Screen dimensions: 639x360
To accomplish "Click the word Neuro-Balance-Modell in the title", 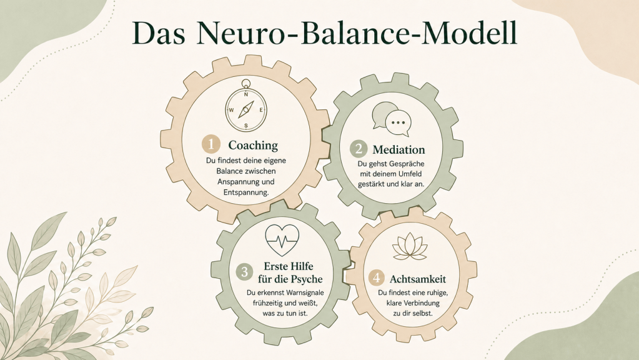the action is (357, 32).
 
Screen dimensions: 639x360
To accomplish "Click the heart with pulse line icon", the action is (282, 239).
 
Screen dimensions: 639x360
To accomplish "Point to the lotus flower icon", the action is (410, 246).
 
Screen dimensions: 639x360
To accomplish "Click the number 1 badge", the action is (211, 144).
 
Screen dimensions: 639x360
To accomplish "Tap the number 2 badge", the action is (358, 149).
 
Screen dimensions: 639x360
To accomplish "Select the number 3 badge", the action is (244, 271).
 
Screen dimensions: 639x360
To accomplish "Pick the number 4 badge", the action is (377, 278).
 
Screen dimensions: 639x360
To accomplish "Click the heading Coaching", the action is (253, 145).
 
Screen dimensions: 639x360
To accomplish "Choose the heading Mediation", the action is (399, 149).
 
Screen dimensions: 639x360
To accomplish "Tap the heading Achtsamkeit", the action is (418, 279).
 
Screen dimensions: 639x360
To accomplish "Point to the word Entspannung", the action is (246, 192).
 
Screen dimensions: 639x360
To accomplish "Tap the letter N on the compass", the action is (245, 94).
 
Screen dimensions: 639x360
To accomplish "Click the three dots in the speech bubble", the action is (398, 122).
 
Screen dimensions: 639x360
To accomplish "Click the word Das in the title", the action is (159, 33).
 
